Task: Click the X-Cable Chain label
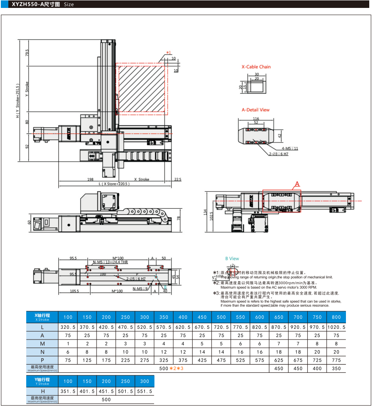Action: [256, 67]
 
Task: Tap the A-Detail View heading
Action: [256, 110]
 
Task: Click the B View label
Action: [232, 259]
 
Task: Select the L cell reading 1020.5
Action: [336, 327]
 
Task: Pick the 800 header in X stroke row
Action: [336, 317]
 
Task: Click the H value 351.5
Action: [67, 392]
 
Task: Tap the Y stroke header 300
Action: [144, 381]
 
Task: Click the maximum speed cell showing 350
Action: [336, 368]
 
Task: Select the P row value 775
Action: [336, 360]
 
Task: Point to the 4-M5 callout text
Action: [289, 148]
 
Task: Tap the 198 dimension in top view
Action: [90, 180]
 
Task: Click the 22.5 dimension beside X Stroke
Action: [178, 180]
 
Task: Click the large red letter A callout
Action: [297, 184]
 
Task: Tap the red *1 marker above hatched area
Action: [169, 52]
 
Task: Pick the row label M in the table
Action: [42, 344]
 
